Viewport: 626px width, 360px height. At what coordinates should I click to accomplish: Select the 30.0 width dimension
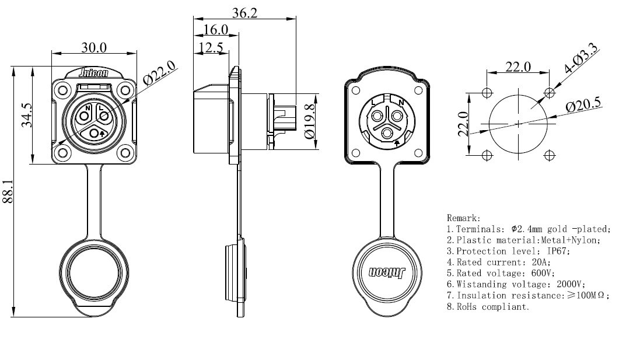pyautogui.click(x=94, y=47)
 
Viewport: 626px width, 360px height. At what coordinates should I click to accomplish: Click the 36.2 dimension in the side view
pyautogui.click(x=244, y=13)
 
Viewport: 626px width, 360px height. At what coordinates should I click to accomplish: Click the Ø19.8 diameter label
pyautogui.click(x=311, y=121)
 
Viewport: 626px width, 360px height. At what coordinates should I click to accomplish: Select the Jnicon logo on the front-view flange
pyautogui.click(x=94, y=74)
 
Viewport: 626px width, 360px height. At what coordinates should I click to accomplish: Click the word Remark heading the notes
pyautogui.click(x=463, y=218)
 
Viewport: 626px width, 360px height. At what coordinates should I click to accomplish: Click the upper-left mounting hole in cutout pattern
pyautogui.click(x=487, y=93)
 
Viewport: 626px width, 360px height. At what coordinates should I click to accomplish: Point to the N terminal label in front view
pyautogui.click(x=88, y=109)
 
